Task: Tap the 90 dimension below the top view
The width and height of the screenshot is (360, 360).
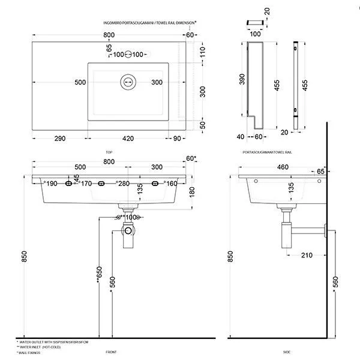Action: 178,139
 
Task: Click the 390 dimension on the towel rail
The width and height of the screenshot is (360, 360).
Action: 242,80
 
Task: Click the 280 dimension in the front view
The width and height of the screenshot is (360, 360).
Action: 124,184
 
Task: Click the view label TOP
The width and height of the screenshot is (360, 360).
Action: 109,152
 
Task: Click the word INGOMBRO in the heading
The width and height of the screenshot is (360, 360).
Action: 115,22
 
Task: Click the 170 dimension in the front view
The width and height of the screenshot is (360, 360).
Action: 86,184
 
